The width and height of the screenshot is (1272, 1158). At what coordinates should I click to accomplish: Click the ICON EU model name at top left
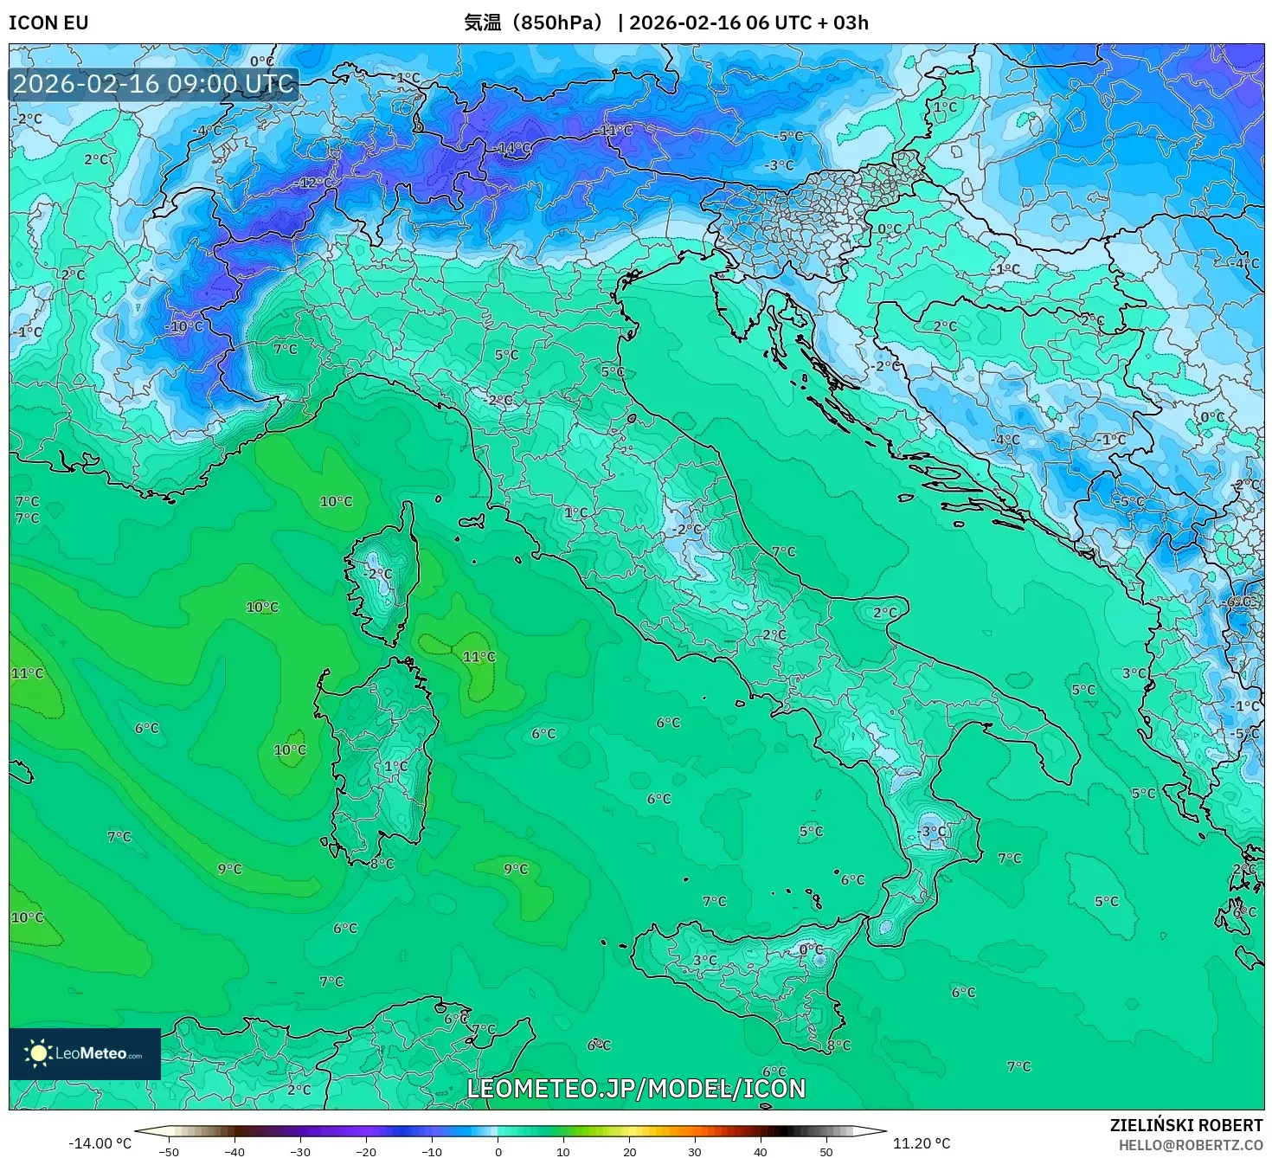48,23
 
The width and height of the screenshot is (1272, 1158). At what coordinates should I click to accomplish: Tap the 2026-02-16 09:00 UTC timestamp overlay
153,84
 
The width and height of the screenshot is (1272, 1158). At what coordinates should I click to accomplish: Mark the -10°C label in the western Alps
184,326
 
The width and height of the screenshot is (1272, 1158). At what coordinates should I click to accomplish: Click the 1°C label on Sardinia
395,766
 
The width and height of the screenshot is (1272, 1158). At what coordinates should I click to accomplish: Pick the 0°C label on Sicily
811,949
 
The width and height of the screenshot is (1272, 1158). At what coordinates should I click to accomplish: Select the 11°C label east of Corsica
479,657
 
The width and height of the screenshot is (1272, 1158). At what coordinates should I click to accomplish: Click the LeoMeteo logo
85,1053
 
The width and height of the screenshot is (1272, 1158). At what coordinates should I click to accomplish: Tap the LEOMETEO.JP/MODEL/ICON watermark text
636,1088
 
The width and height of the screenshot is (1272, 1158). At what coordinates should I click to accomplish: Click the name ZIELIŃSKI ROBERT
1186,1125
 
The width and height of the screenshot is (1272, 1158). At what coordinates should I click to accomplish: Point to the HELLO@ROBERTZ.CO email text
1191,1145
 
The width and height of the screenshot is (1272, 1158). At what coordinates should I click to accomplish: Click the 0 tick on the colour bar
498,1151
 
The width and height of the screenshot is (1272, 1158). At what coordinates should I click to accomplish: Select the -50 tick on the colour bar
169,1151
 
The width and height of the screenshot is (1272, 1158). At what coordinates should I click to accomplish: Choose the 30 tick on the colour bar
695,1151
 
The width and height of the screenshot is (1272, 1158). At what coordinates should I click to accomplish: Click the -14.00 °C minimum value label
100,1143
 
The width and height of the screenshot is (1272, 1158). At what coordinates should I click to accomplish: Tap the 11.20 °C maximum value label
922,1143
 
